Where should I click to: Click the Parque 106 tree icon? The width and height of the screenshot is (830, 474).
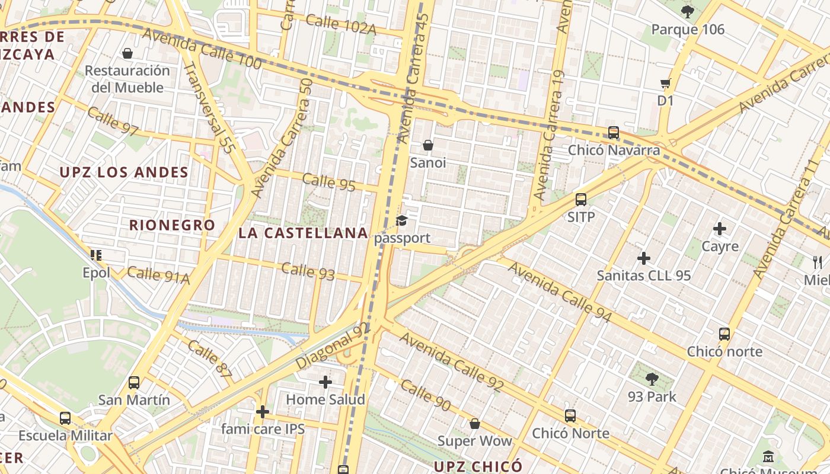pyautogui.click(x=688, y=11)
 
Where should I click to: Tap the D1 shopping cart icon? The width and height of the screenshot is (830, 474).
pyautogui.click(x=665, y=83)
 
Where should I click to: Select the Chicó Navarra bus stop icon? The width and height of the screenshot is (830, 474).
pyautogui.click(x=614, y=132)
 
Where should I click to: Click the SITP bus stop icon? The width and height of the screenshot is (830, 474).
pyautogui.click(x=581, y=199)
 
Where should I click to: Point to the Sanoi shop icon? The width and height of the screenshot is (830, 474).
pyautogui.click(x=428, y=145)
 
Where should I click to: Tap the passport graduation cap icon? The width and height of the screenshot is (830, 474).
pyautogui.click(x=402, y=221)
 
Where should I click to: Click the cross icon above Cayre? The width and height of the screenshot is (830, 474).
pyautogui.click(x=720, y=228)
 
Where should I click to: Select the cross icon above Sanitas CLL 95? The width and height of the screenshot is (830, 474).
pyautogui.click(x=644, y=258)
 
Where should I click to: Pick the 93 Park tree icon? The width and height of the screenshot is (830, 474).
pyautogui.click(x=652, y=379)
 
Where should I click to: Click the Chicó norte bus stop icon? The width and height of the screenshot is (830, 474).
pyautogui.click(x=724, y=334)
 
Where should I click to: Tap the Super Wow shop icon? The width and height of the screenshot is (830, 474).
pyautogui.click(x=474, y=424)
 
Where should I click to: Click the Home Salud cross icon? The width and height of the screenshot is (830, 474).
pyautogui.click(x=325, y=382)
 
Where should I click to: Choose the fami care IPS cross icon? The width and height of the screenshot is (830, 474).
pyautogui.click(x=263, y=411)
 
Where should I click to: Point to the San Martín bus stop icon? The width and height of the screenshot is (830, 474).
pyautogui.click(x=134, y=382)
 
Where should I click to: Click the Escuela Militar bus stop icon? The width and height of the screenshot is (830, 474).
pyautogui.click(x=65, y=418)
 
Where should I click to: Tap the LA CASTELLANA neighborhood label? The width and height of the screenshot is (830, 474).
pyautogui.click(x=304, y=233)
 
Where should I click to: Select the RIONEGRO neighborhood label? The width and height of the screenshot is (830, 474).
pyautogui.click(x=172, y=225)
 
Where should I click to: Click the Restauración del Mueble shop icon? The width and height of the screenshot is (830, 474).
pyautogui.click(x=127, y=53)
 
